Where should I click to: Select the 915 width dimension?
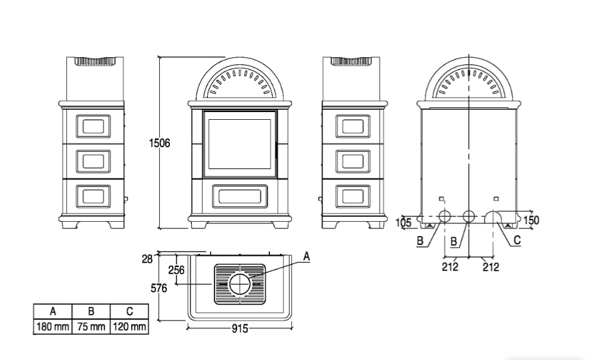(x=240, y=329)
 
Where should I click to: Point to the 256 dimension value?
(x=176, y=269)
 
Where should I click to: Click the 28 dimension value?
(x=147, y=258)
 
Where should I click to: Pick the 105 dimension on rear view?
(x=404, y=222)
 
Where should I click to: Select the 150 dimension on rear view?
(x=530, y=220)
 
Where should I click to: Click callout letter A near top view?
(x=306, y=256)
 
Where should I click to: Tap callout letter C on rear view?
(x=517, y=240)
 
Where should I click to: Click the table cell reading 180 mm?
(x=53, y=327)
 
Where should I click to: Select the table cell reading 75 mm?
(x=91, y=327)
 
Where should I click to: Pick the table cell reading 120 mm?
(x=129, y=327)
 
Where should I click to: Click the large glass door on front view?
(x=240, y=143)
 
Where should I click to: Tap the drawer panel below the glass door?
(x=240, y=195)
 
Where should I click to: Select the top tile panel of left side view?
(x=94, y=126)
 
